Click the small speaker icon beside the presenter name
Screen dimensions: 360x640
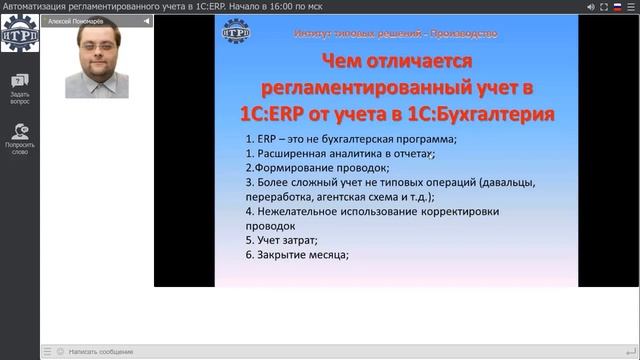(145, 20)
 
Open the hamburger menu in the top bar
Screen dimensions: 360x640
(630, 6)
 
